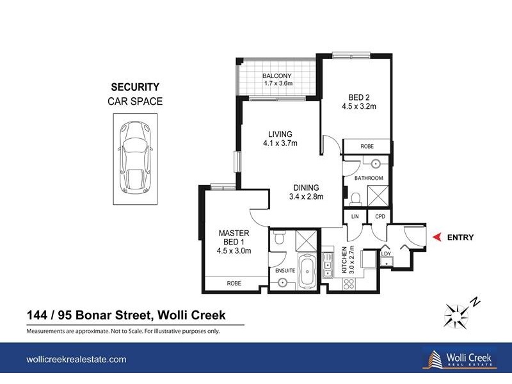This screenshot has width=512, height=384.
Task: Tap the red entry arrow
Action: coord(437,237)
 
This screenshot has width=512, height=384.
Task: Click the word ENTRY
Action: coord(460,237)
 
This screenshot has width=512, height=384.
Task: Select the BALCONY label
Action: coord(277,76)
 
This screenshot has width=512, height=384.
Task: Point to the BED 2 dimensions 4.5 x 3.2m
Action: coord(358,107)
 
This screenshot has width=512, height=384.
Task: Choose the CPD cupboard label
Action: coord(379,218)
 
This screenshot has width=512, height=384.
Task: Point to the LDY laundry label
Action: coord(385,254)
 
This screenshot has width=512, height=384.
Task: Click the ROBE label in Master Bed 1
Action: coord(234,282)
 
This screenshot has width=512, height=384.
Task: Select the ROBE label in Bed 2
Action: coord(367,146)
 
